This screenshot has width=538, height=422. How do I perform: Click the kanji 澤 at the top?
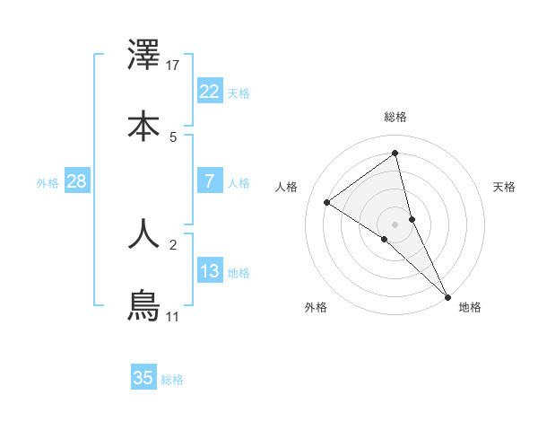tap(143, 56)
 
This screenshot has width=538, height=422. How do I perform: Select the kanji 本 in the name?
tap(143, 126)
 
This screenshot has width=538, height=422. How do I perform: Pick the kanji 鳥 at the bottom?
tap(143, 306)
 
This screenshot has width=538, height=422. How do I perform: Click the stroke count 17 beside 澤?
tap(173, 65)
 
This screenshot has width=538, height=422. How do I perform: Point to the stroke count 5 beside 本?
tap(173, 136)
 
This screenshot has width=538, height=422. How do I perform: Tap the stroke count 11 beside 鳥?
tap(173, 316)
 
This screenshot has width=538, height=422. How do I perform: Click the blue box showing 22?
tap(210, 91)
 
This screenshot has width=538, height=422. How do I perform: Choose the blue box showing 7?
tap(210, 180)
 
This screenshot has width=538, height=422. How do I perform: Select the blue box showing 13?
tap(210, 270)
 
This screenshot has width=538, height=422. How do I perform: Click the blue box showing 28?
tap(77, 181)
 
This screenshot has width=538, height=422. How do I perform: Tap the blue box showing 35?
tap(143, 378)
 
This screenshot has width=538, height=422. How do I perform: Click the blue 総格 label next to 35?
tap(172, 380)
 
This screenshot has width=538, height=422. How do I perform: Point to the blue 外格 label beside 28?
tap(48, 183)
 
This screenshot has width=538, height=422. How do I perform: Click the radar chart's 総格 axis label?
tap(395, 117)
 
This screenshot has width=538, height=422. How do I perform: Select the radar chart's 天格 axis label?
tap(505, 187)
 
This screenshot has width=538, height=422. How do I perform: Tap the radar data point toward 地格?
tap(447, 295)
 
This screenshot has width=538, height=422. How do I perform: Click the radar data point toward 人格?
tap(327, 202)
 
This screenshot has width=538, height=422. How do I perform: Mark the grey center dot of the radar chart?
tap(395, 224)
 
